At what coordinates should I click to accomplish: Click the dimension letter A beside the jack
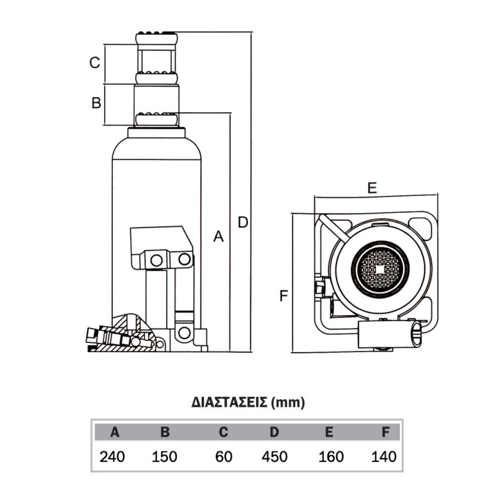[x=219, y=236]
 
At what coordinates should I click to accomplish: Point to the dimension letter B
[x=96, y=103]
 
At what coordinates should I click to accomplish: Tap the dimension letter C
[x=95, y=62]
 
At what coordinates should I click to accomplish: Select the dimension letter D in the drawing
[x=243, y=222]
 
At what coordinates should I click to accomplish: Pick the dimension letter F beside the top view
[x=284, y=295]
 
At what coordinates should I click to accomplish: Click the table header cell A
[x=114, y=433]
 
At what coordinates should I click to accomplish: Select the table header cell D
[x=274, y=433]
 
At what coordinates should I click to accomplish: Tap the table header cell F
[x=386, y=433]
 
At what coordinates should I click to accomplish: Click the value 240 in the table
[x=112, y=456]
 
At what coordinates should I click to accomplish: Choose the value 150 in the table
[x=165, y=456]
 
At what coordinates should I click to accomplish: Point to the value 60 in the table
[x=223, y=456]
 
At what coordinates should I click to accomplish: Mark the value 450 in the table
[x=274, y=456]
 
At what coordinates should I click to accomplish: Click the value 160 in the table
[x=331, y=456]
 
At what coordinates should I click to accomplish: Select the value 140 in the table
[x=384, y=456]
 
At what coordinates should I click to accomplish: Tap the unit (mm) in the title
[x=288, y=403]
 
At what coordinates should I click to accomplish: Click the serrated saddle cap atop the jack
[x=156, y=36]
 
